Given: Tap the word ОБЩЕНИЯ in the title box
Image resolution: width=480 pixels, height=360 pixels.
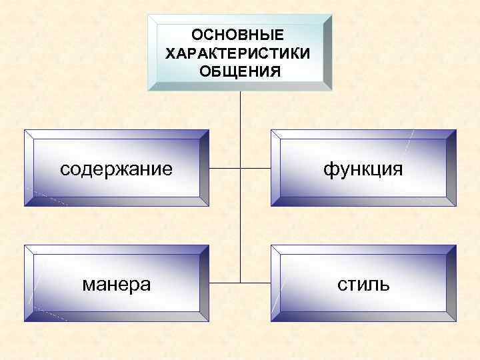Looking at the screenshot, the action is pyautogui.click(x=239, y=70).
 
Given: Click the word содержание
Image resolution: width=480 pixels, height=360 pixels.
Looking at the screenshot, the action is pyautogui.click(x=116, y=169).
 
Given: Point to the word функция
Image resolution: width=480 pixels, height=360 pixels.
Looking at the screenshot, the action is pyautogui.click(x=363, y=169).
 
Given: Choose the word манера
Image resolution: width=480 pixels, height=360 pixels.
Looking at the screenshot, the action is pyautogui.click(x=116, y=285).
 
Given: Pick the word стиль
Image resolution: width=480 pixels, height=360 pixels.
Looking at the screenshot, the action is pyautogui.click(x=363, y=285).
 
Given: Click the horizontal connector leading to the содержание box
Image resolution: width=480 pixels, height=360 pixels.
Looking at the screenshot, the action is pyautogui.click(x=224, y=169).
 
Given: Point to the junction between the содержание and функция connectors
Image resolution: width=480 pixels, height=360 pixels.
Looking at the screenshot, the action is pyautogui.click(x=239, y=169).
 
